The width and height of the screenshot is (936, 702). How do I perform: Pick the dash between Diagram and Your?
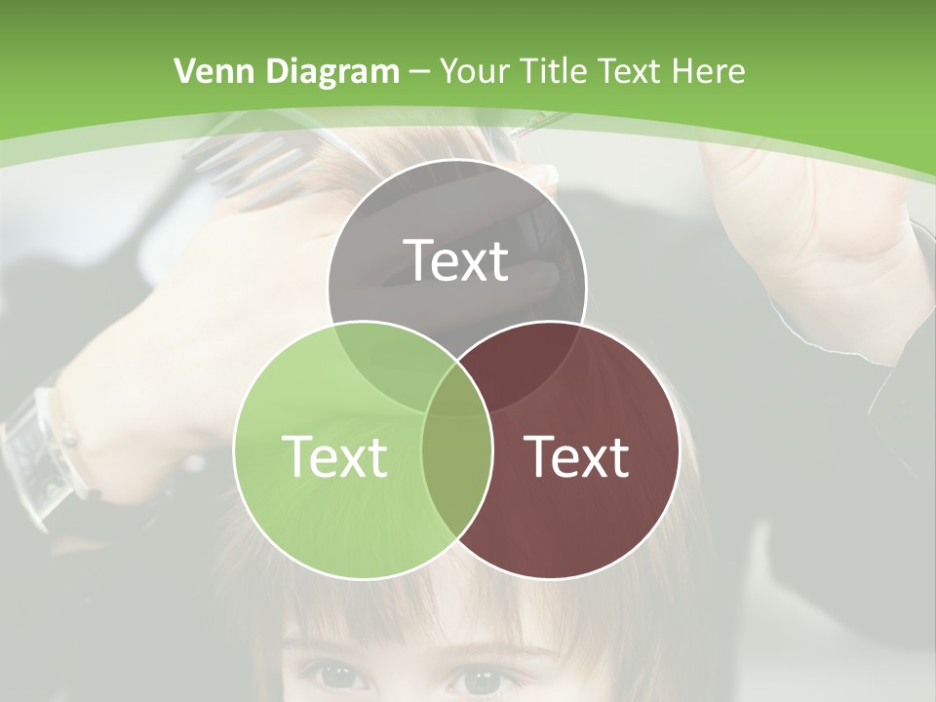tap(419, 72)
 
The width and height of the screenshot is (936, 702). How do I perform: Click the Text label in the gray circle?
tap(456, 260)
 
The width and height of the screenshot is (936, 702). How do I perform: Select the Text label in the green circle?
tap(334, 455)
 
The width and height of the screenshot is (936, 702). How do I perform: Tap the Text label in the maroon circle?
tap(576, 455)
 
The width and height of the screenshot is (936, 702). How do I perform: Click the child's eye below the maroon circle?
tap(487, 678)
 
